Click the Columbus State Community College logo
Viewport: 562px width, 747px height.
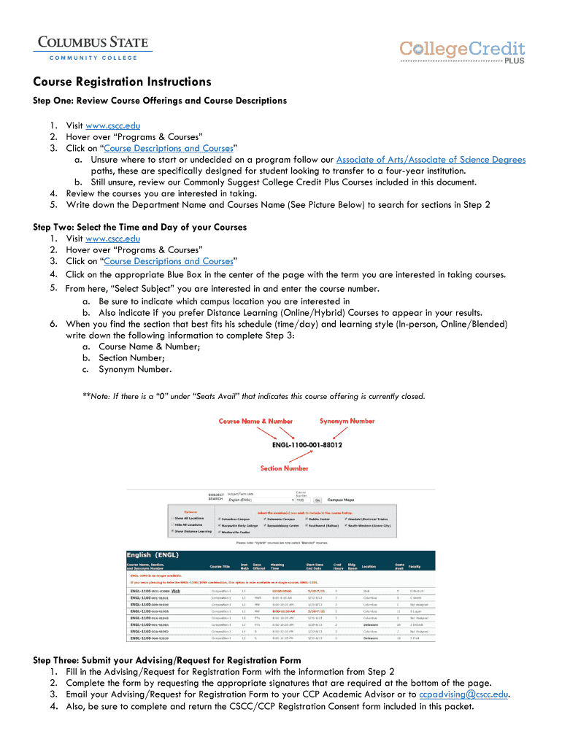coord(92,48)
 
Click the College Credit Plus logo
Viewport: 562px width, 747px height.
coord(462,51)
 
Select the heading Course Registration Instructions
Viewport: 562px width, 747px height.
coord(122,82)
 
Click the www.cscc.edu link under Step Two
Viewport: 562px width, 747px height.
coord(112,239)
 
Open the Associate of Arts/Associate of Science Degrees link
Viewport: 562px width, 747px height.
coord(431,160)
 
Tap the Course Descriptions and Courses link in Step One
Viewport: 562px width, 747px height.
coord(169,148)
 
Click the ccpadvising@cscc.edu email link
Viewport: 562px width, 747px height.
coord(463,694)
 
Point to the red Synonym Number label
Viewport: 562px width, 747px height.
coord(347,421)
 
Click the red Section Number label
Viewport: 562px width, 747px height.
coord(285,468)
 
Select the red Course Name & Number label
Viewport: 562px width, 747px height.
coord(256,421)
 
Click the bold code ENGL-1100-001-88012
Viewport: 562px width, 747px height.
coord(307,444)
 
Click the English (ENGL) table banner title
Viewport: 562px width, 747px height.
coord(153,555)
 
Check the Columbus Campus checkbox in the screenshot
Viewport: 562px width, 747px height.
coord(220,519)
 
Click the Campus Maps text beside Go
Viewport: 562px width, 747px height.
coord(340,500)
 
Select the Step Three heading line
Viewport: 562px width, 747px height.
coord(166,660)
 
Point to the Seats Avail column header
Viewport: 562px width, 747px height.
coord(399,565)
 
